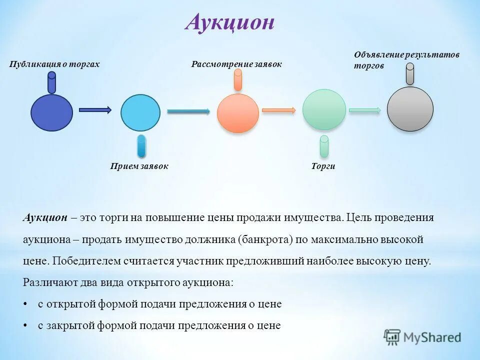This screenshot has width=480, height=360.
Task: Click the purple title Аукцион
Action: click(x=229, y=22)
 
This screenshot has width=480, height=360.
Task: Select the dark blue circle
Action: click(x=51, y=112)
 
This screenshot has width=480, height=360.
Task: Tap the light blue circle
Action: click(x=140, y=112)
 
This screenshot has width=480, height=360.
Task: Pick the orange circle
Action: click(x=238, y=113)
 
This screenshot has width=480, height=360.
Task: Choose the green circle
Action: click(x=324, y=109)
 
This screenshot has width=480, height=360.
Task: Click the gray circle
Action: click(x=410, y=108)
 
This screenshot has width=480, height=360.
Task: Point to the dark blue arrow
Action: click(x=95, y=110)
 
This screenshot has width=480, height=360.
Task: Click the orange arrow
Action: click(x=279, y=110)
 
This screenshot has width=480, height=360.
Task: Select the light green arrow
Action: click(x=365, y=110)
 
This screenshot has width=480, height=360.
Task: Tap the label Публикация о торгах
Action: click(x=54, y=64)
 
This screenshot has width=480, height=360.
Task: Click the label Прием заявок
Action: click(x=139, y=166)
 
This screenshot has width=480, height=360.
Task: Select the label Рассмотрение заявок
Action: click(x=236, y=64)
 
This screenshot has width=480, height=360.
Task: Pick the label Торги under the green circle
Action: click(x=323, y=166)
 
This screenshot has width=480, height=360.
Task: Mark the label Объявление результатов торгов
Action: click(x=406, y=60)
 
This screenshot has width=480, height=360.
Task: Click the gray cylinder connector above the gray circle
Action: click(x=410, y=74)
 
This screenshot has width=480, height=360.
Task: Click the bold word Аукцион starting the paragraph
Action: click(x=45, y=217)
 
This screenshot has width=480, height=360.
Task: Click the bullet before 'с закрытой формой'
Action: click(x=25, y=325)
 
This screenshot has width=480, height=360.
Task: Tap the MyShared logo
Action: click(x=422, y=337)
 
